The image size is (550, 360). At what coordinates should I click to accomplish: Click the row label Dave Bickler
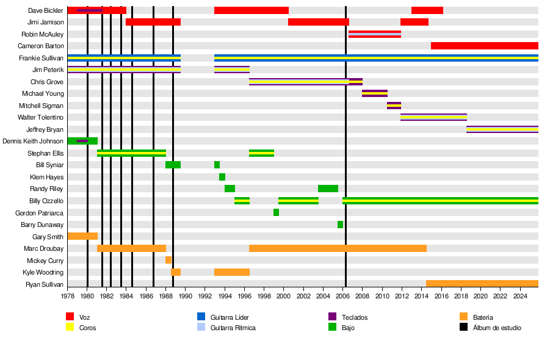pos(46,10)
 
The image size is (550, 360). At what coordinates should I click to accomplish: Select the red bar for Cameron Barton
pos(484,46)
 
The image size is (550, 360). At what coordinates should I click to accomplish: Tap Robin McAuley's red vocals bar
pos(374,34)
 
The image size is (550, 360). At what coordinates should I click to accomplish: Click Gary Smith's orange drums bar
pos(82,236)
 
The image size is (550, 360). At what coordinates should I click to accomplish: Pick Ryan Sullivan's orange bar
pos(482,284)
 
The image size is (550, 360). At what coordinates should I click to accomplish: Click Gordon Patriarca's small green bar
pos(276,212)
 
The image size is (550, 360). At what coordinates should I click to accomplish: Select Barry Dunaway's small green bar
pos(340,225)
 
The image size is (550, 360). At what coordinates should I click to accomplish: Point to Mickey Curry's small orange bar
pos(168,260)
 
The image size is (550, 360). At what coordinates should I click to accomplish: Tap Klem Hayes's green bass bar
pos(222,177)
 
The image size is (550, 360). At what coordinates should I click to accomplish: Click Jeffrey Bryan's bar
pos(502,129)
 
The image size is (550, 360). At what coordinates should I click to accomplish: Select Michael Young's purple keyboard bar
pos(374,93)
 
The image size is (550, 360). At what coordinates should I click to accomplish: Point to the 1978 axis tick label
pos(68,296)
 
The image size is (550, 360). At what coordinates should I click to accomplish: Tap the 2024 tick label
pos(520,296)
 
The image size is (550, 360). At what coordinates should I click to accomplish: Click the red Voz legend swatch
pos(70,316)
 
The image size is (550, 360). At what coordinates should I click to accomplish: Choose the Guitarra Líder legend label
pos(230,317)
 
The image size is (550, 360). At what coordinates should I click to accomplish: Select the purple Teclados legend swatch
pos(333,316)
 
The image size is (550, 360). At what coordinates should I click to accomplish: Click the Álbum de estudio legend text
pos(497,328)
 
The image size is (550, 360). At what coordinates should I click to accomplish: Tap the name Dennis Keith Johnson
pos(33,141)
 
